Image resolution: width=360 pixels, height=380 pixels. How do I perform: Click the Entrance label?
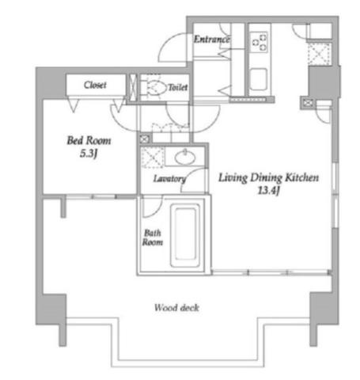pos(212,40)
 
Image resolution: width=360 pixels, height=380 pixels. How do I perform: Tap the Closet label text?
pos(95,85)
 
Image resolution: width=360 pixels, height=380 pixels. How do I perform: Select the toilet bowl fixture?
pos(153,86)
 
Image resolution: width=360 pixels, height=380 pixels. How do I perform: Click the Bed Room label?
pos(89,140)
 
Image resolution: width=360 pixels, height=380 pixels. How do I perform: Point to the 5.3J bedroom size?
pos(89,154)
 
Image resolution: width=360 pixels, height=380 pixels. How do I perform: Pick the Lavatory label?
pos(169,179)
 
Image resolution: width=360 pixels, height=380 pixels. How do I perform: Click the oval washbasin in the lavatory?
pos(185,158)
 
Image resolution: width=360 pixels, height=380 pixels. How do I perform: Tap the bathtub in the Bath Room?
pos(186,236)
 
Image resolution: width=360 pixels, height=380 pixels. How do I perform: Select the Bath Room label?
pos(153,237)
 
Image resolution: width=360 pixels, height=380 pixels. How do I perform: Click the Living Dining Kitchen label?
pos(268,177)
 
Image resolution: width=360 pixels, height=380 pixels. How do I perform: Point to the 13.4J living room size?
pos(268,190)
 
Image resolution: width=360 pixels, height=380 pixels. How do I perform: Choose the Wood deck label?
pos(176,307)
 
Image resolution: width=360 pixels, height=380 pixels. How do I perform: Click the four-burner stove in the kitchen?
pos(260,41)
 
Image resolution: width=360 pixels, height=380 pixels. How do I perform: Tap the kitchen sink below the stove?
pos(259,79)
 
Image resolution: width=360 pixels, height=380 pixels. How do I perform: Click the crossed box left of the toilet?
pos(133,88)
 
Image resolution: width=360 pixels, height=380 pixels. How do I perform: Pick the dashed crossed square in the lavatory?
pos(153,158)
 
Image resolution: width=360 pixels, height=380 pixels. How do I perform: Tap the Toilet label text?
pos(178,87)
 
